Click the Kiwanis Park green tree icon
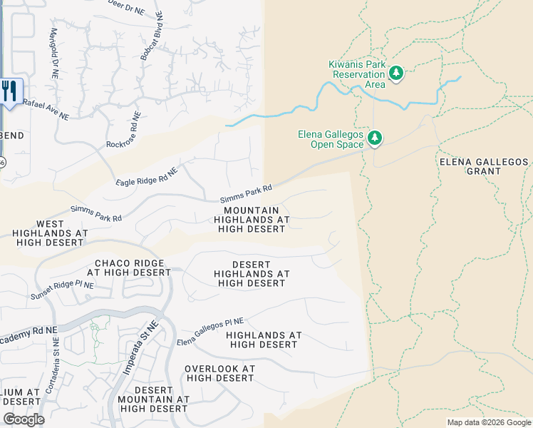(x=395, y=73)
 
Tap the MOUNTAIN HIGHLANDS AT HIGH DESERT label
(x=252, y=220)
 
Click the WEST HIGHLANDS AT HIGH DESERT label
(x=51, y=233)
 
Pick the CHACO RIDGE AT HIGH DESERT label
(x=129, y=267)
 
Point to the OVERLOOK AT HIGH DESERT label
(x=219, y=373)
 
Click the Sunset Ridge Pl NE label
(x=62, y=291)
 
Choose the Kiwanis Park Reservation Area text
(x=356, y=74)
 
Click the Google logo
(x=24, y=419)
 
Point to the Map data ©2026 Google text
(x=489, y=422)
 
